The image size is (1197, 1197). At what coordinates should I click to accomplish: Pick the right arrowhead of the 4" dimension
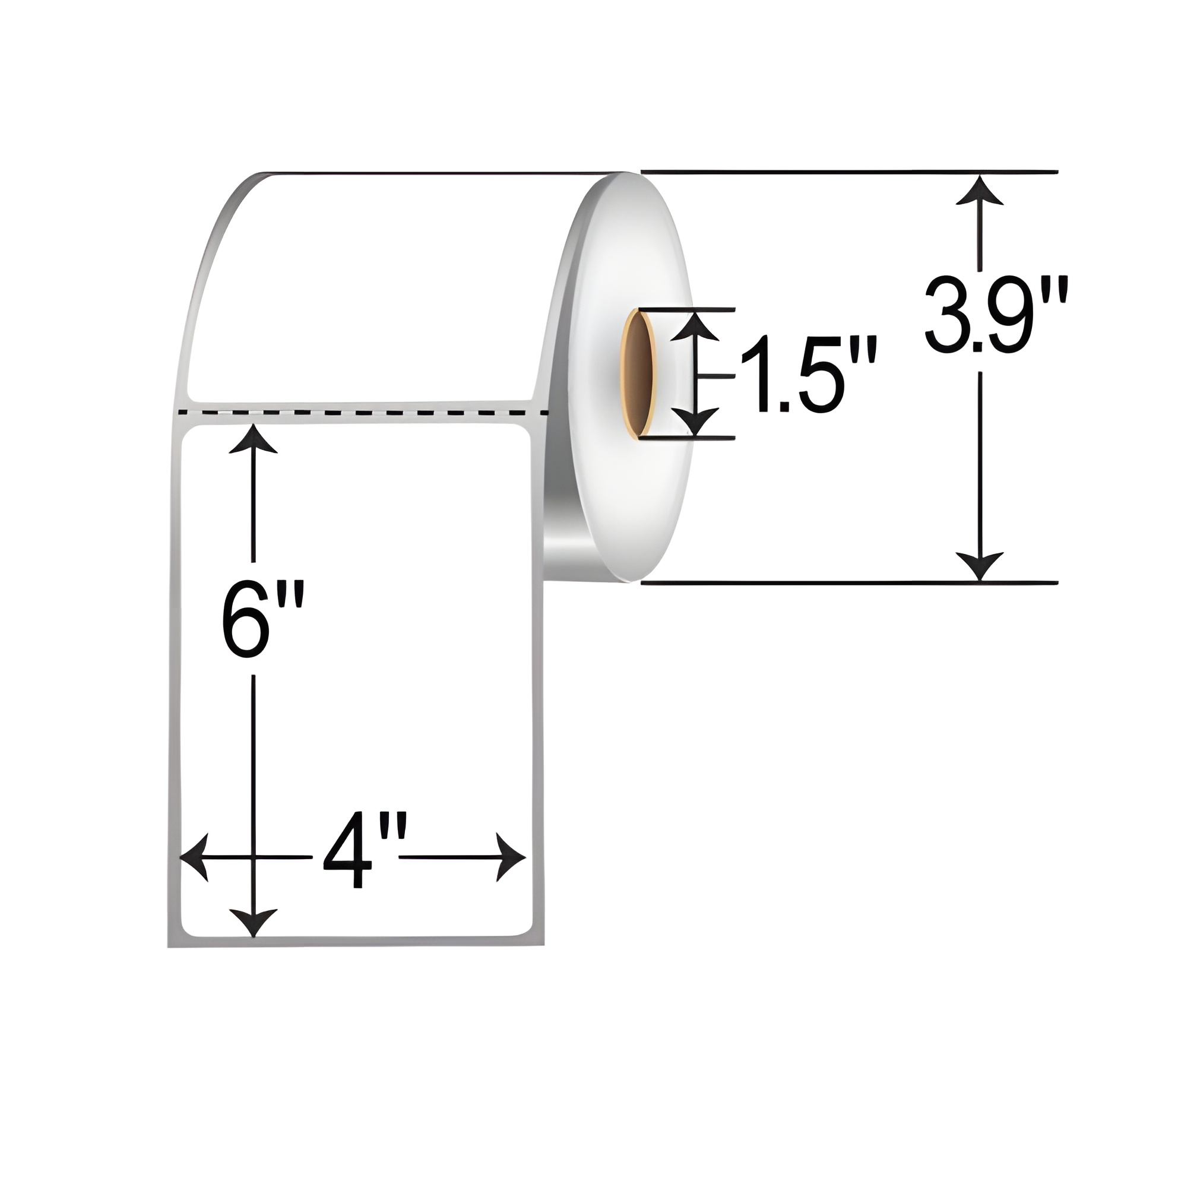pos(511,857)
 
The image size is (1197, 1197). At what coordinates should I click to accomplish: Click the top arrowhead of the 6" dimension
pos(253,439)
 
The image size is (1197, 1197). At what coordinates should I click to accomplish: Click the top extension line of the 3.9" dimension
pos(849,171)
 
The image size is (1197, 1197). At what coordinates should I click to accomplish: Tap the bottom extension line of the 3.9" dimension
pos(849,582)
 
